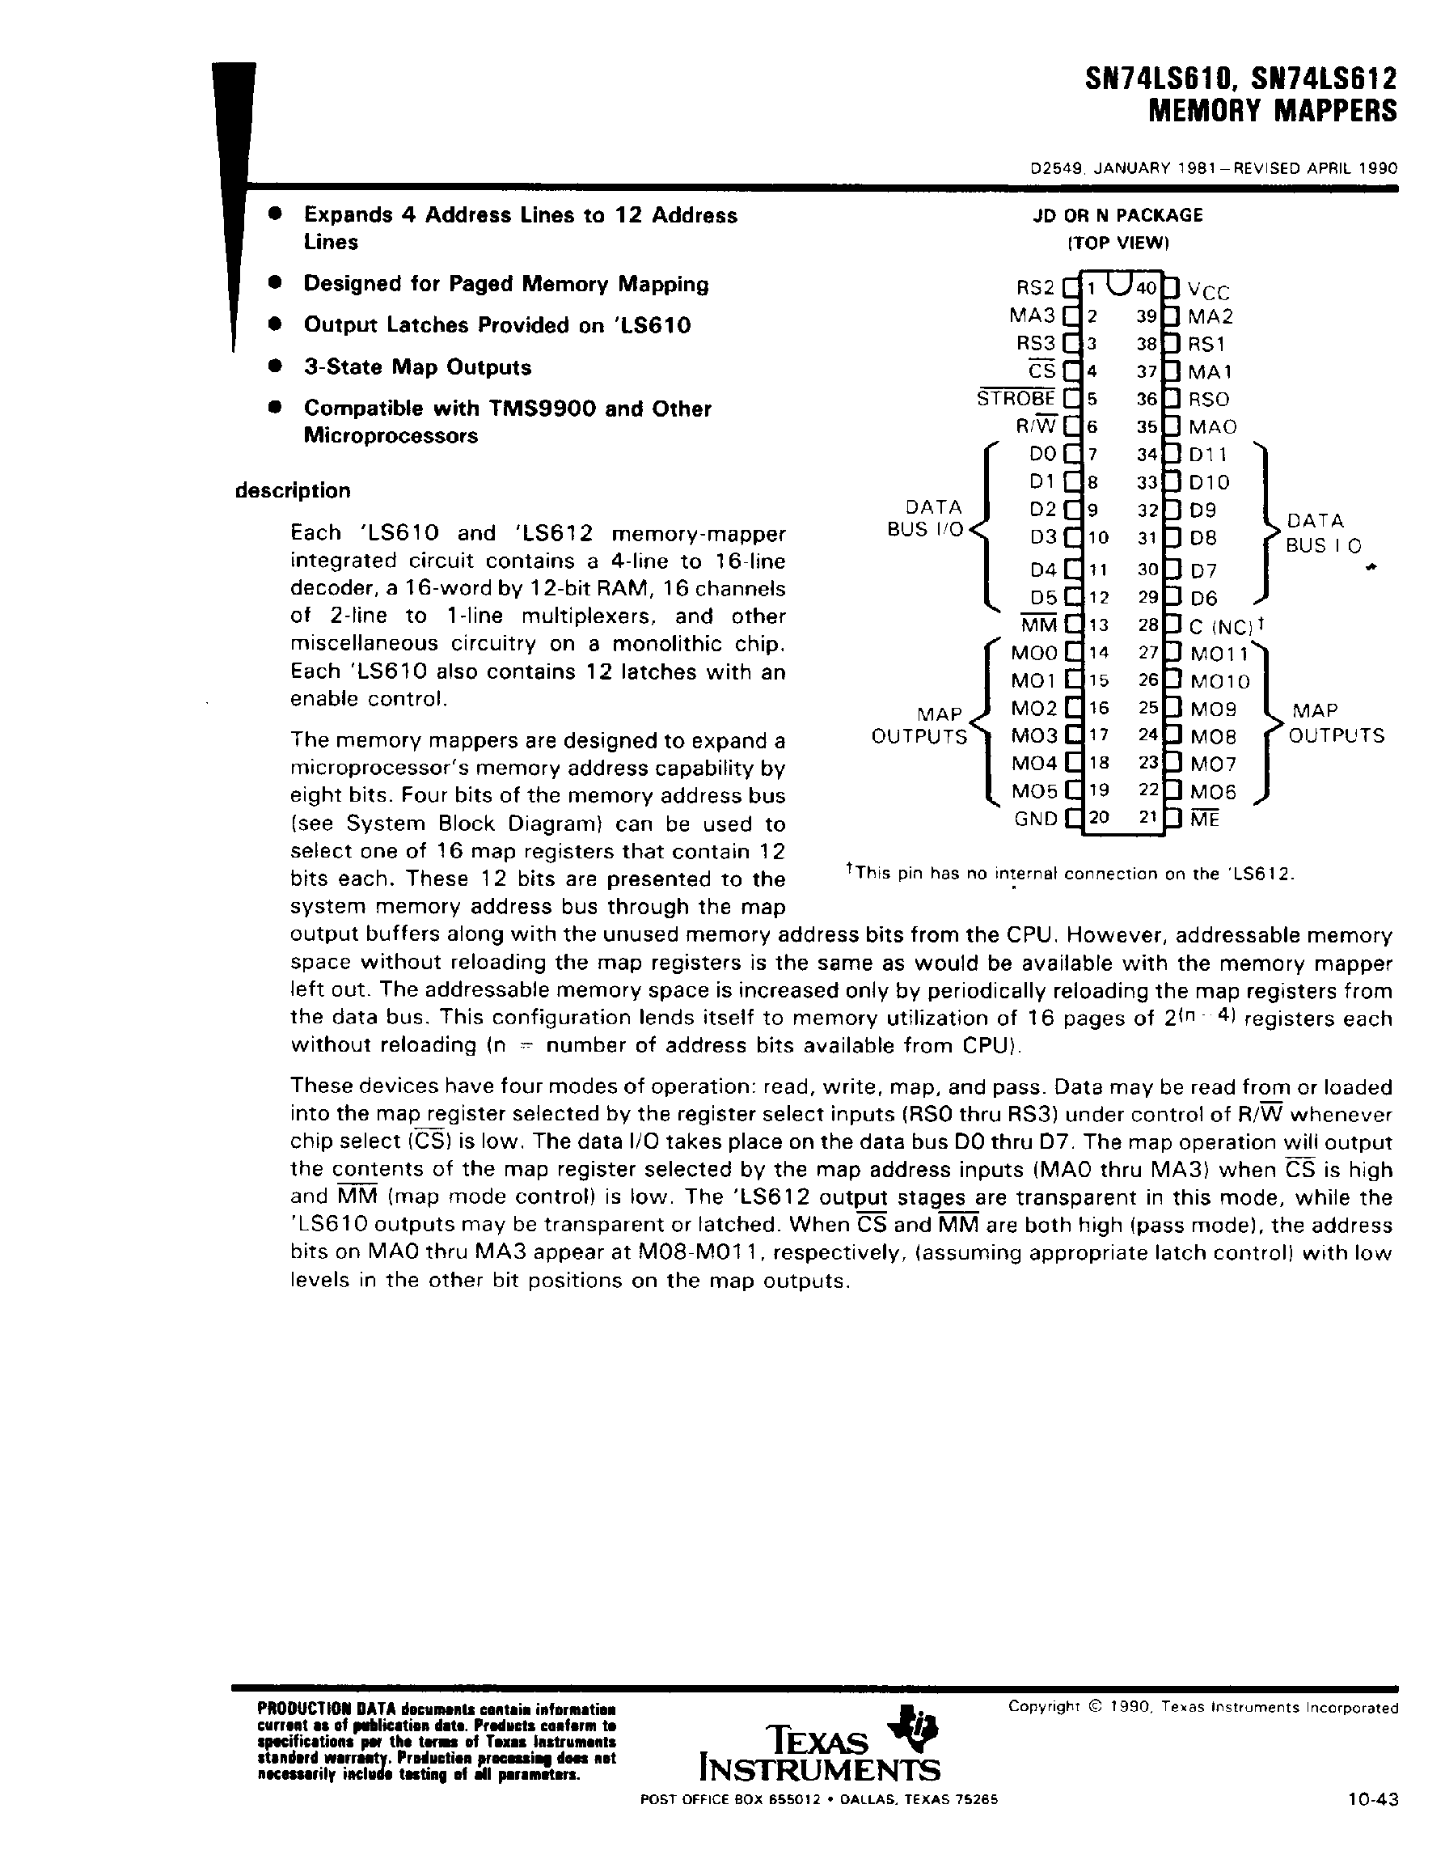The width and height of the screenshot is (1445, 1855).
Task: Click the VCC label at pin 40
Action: (x=1209, y=291)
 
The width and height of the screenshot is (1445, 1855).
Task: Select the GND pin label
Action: (x=1036, y=819)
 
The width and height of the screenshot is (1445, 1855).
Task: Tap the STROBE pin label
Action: (x=1016, y=397)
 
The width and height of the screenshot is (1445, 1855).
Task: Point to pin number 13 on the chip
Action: (x=1099, y=626)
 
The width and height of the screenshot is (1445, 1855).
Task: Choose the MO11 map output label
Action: (x=1219, y=654)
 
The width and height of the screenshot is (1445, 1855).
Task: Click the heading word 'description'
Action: (x=293, y=491)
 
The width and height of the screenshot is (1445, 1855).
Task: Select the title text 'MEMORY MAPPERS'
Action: (x=1272, y=112)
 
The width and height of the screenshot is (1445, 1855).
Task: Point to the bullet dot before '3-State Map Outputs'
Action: (x=273, y=366)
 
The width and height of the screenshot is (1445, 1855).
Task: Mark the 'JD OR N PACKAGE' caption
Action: (x=1118, y=216)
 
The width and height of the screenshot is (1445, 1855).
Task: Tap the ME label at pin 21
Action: (x=1205, y=820)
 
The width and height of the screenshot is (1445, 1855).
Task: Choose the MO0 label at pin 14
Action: (x=1034, y=653)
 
